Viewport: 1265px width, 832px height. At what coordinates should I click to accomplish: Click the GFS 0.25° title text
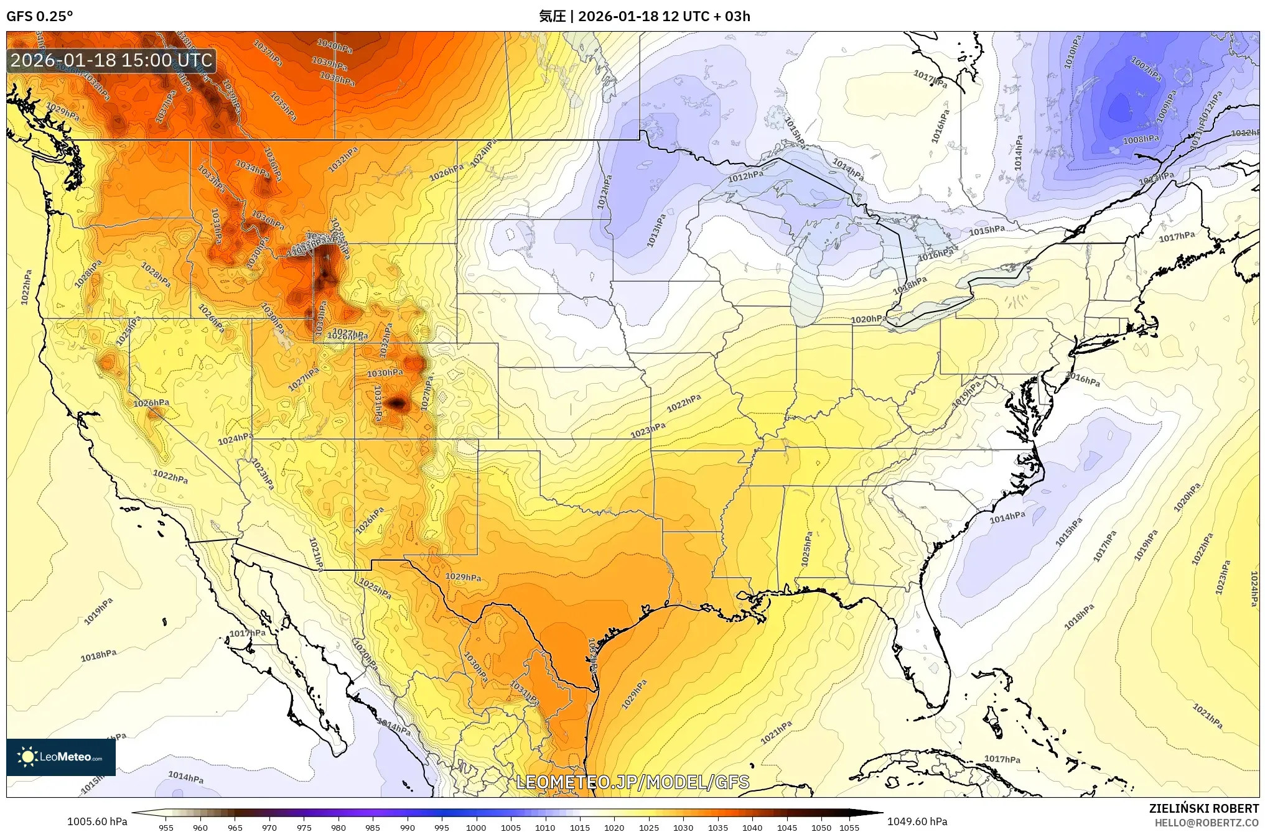[x=39, y=16]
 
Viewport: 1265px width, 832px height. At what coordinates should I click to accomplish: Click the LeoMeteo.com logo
[x=61, y=757]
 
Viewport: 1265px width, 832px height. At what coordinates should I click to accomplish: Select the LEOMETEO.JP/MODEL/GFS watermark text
[x=633, y=782]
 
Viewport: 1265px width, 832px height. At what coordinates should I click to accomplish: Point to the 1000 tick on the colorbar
[x=476, y=827]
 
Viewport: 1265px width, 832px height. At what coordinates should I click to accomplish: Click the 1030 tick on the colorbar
[x=683, y=827]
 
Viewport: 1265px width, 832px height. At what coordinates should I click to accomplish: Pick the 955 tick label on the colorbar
[x=166, y=827]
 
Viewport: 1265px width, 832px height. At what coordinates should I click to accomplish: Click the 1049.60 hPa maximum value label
[x=918, y=821]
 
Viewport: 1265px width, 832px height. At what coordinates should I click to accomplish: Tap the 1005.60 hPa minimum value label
[x=97, y=821]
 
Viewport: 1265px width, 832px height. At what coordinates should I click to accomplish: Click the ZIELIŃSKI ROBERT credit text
[x=1203, y=808]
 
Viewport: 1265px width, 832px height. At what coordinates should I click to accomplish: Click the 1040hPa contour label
[x=334, y=45]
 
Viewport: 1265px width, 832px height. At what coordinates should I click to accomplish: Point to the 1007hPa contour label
[x=1146, y=69]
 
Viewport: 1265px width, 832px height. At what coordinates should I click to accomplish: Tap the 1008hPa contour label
[x=1141, y=139]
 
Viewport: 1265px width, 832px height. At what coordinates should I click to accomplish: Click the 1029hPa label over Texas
[x=463, y=576]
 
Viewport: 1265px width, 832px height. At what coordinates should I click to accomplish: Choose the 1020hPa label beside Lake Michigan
[x=869, y=319]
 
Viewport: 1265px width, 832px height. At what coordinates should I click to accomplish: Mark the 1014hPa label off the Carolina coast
[x=1007, y=516]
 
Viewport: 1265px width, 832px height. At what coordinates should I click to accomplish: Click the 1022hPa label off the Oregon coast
[x=26, y=287]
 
